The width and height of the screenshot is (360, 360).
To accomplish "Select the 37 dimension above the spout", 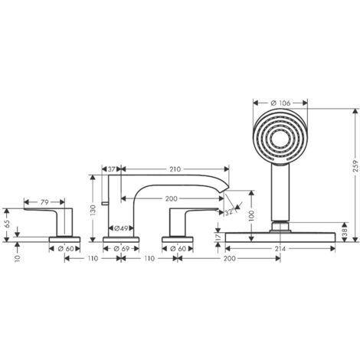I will tap(112, 169).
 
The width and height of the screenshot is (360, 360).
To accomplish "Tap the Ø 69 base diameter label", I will tap(121, 248).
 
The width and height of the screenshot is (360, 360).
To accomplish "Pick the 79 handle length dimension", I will tap(45, 203).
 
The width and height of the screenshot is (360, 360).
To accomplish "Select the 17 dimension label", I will tap(218, 238).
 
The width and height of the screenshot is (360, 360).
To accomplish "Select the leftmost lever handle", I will tap(57, 218).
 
